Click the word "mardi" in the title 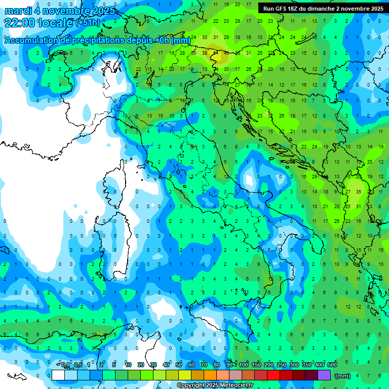tap(19, 11)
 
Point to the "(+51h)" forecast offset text tap(89, 23)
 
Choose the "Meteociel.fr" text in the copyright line tap(233, 385)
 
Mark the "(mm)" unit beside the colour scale tap(343, 376)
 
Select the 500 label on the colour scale tap(332, 365)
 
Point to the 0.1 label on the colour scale tap(65, 365)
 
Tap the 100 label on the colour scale tap(243, 365)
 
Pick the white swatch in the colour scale tap(58, 375)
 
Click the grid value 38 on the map tap(205, 53)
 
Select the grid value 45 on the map tap(226, 53)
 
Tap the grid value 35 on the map tap(359, 192)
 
